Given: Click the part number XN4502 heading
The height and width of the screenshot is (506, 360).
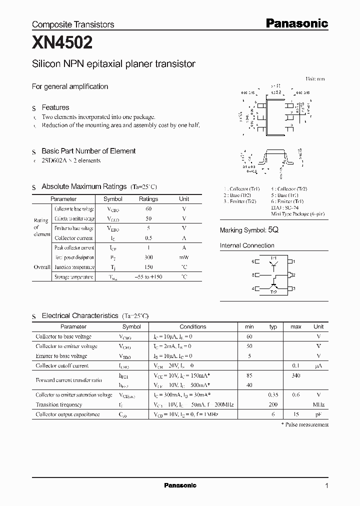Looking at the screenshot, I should tap(62, 43).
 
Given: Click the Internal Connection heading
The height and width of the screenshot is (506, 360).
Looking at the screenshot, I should tap(247, 245).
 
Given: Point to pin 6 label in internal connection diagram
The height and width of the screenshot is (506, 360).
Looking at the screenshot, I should tap(253, 261).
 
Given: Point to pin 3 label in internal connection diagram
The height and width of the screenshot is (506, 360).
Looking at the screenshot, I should tap(294, 288).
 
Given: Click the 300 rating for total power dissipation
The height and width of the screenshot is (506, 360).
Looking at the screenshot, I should tap(148, 257).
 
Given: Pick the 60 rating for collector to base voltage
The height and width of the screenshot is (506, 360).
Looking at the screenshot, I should tap(148, 208).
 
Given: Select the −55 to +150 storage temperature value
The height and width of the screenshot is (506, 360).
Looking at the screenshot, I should tap(148, 276).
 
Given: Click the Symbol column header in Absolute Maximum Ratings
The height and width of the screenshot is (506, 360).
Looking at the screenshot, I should tap(112, 198).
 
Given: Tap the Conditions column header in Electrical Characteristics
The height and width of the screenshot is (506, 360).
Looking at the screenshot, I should tap(193, 326).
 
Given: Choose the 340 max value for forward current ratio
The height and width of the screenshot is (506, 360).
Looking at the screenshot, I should tap(295, 375).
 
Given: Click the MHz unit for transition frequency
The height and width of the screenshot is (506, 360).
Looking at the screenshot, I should tap(318, 404).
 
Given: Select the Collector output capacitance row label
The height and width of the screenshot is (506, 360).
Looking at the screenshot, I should tap(67, 414).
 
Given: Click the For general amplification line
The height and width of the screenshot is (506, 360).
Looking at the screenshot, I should tap(70, 86).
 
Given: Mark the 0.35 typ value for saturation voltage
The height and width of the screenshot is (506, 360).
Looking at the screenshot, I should tap(273, 395).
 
